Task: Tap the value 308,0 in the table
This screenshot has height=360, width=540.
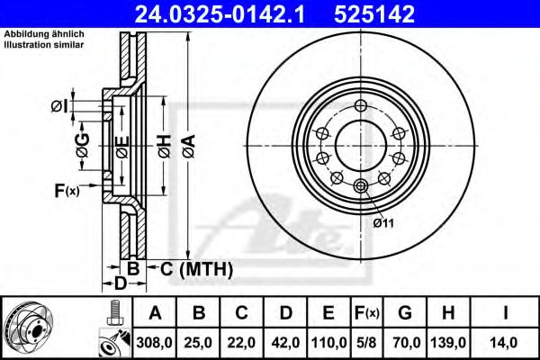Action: click(x=154, y=342)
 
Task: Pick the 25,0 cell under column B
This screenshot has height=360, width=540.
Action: click(x=201, y=342)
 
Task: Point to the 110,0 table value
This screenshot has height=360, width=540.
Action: click(x=329, y=342)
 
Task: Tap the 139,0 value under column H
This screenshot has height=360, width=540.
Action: click(x=447, y=342)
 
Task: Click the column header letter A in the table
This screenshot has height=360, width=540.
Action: click(x=154, y=314)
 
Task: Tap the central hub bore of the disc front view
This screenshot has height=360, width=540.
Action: click(x=361, y=144)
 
